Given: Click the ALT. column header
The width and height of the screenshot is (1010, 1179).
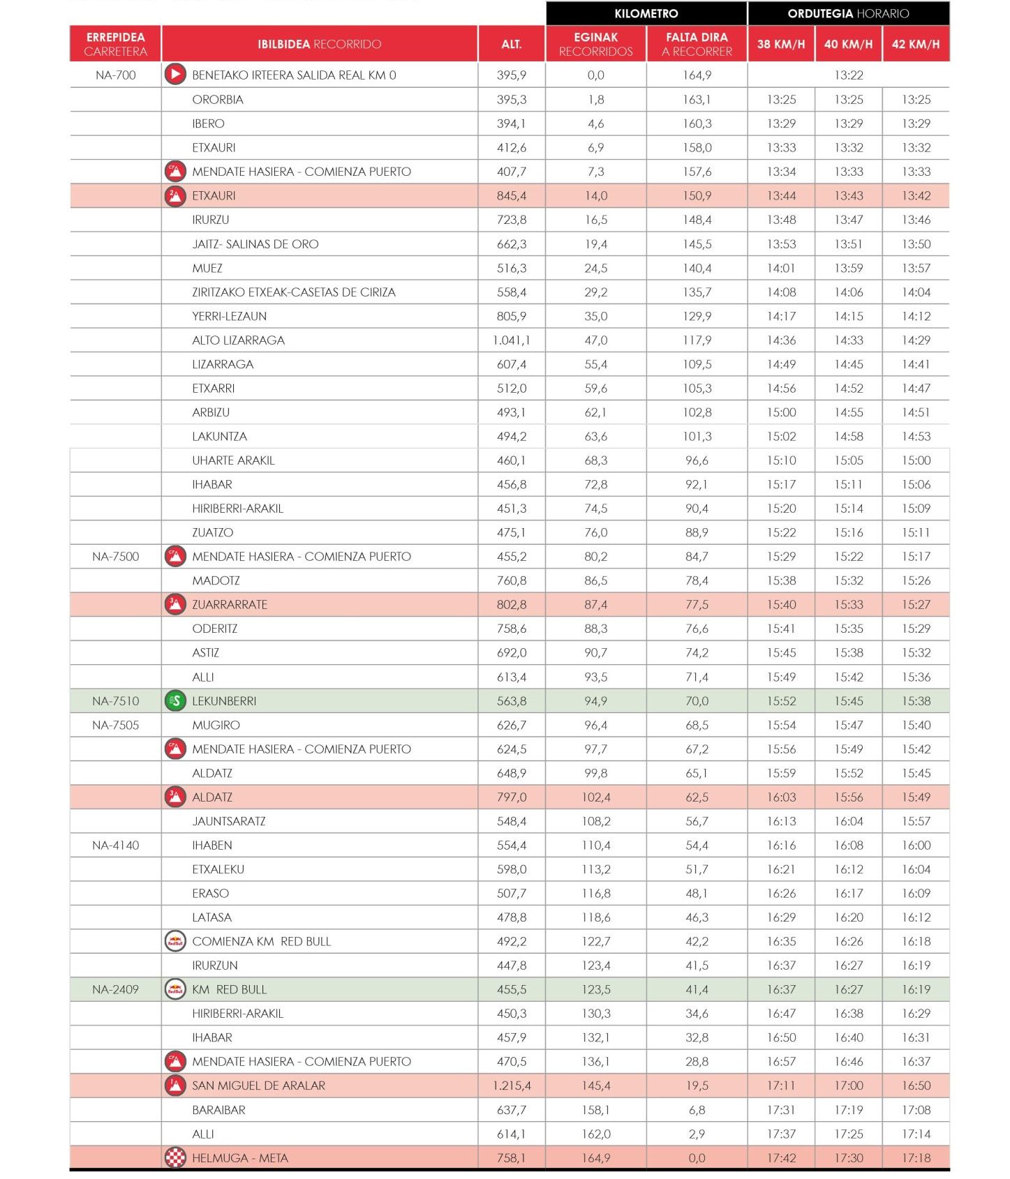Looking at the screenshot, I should tap(511, 44).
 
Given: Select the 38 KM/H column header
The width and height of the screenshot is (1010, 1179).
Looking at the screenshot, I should tap(780, 44).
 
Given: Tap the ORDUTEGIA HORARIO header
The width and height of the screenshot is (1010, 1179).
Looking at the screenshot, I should tap(848, 13).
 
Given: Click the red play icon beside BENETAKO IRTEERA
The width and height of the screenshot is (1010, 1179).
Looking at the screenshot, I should tap(175, 75).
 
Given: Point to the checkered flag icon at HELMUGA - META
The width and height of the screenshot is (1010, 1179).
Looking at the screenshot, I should tap(175, 1157).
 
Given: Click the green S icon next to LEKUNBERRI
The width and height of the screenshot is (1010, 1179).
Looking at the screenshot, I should tap(175, 700).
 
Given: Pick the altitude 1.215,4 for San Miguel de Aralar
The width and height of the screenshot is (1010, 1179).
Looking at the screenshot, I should tap(511, 1086).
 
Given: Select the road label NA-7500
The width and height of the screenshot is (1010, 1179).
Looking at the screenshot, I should tap(115, 556).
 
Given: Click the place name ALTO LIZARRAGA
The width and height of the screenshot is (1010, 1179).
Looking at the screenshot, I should tap(238, 340).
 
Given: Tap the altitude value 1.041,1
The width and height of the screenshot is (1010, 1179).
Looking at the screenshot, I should tap(511, 340).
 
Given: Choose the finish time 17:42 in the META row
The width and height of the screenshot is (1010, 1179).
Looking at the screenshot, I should tap(780, 1157).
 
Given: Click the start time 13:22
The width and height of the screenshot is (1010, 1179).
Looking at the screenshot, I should tap(848, 75).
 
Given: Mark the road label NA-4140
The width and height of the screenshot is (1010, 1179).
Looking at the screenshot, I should tap(115, 845).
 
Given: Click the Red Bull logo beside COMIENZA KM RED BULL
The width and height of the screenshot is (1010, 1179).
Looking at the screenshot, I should tap(175, 941).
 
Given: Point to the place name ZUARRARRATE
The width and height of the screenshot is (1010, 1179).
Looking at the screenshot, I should tap(230, 604).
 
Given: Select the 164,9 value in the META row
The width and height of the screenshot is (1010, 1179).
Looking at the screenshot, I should tap(595, 1157).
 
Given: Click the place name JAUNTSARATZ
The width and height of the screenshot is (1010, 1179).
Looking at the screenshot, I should tap(228, 821).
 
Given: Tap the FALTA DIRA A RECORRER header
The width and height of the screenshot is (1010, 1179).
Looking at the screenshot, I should tap(696, 44).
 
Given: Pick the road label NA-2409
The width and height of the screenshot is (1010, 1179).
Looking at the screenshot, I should tap(115, 989).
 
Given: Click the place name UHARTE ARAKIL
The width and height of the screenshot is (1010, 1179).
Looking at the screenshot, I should tap(233, 460).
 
